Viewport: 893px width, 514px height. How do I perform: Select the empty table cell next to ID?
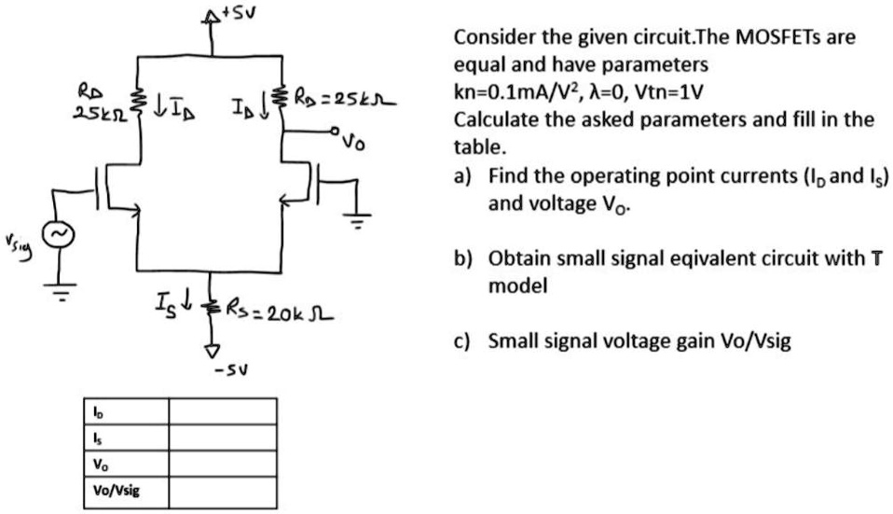pos(222,412)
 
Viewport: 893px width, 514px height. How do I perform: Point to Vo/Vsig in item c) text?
pos(746,342)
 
